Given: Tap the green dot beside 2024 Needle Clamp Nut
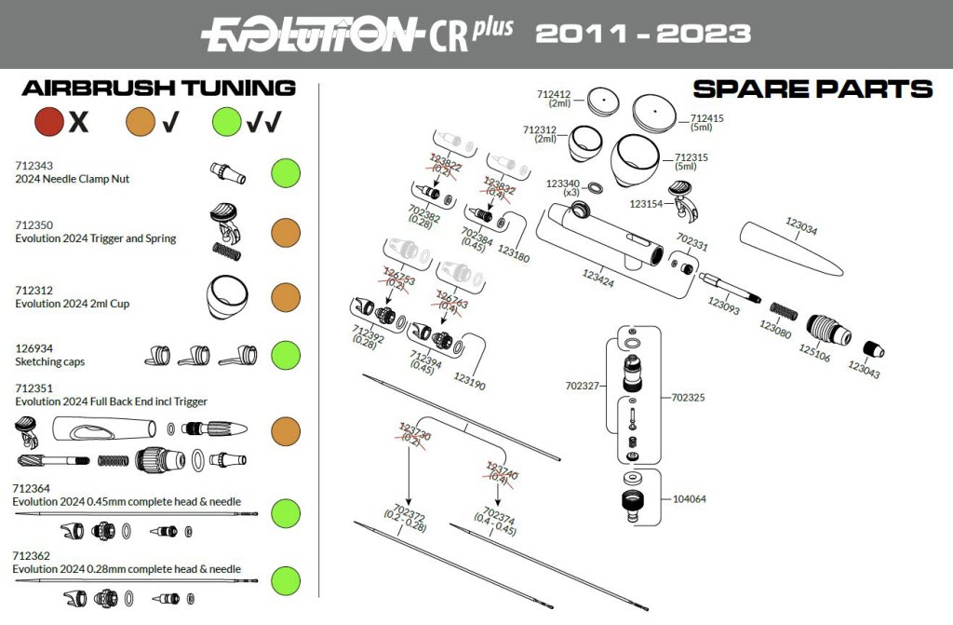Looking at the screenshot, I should [x=286, y=172].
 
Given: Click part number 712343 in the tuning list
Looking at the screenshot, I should [x=34, y=166].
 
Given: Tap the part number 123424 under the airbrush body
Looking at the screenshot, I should [x=598, y=277].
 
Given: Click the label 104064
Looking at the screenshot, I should [x=689, y=498].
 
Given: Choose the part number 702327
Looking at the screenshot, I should [x=584, y=385].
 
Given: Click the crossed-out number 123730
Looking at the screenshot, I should [x=414, y=432].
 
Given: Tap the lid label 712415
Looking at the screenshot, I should [x=708, y=118].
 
